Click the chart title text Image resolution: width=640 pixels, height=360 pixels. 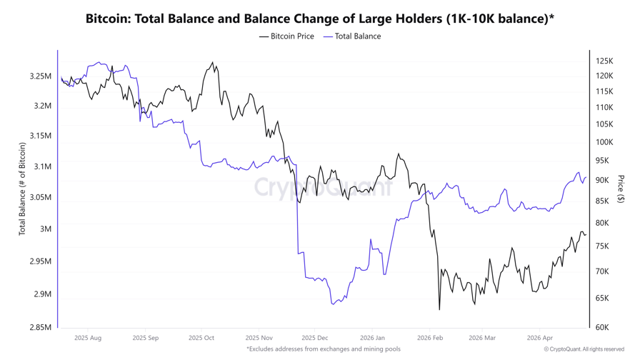click(319, 19)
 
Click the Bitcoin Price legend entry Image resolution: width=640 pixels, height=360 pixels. click(286, 36)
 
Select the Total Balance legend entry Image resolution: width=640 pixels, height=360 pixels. click(352, 36)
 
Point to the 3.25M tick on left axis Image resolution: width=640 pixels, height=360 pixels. click(41, 76)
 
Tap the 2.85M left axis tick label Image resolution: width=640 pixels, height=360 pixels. click(41, 327)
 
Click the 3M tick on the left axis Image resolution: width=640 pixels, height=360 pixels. click(45, 229)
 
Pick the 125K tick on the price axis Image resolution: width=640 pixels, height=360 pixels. click(604, 61)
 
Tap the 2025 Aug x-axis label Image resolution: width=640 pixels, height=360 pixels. click(88, 338)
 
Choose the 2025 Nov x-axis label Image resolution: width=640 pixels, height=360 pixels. click(259, 338)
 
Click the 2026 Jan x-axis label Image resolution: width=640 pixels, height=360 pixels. click(372, 338)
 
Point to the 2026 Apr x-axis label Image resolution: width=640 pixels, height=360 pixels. click(540, 338)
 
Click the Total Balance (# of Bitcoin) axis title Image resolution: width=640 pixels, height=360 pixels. click(22, 189)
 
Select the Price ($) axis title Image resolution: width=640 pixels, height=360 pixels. click(621, 189)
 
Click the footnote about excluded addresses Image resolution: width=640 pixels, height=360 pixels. click(323, 349)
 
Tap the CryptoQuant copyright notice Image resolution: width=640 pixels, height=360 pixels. click(584, 349)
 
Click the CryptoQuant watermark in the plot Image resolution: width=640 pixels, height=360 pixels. click(323, 188)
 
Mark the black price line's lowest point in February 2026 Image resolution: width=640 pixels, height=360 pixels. click(439, 309)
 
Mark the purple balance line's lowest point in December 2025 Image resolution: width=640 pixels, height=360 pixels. click(333, 304)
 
